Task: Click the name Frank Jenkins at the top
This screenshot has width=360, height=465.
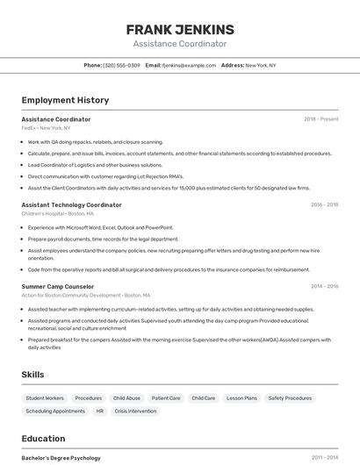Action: pos(180,29)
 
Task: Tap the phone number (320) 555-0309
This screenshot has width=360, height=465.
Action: pos(121,65)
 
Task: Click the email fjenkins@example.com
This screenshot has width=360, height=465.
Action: pos(188,65)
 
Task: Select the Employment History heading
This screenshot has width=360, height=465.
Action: pos(65,100)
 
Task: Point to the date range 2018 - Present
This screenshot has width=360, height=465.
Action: pos(320,118)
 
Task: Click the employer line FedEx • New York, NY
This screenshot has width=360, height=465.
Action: pos(46,128)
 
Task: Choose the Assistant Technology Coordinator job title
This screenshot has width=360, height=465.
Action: pos(71,204)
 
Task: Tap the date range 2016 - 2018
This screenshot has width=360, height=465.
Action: pos(324,204)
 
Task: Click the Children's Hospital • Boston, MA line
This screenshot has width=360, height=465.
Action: pos(57,213)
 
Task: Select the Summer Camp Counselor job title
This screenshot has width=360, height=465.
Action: pos(57,286)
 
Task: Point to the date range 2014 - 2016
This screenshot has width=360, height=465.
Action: pos(324,286)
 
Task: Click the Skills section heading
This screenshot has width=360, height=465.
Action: pos(32,375)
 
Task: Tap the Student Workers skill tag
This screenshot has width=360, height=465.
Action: pos(44,398)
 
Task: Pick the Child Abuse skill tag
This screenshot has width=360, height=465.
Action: pos(126,398)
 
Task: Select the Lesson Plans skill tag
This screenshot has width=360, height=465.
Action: pos(241,398)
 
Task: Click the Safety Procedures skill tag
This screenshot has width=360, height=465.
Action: pos(290,398)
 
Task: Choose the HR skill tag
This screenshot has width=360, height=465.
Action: pos(99,411)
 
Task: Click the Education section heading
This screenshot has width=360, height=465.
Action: pos(43,439)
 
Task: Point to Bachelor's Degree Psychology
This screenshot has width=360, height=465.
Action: pos(61,458)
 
